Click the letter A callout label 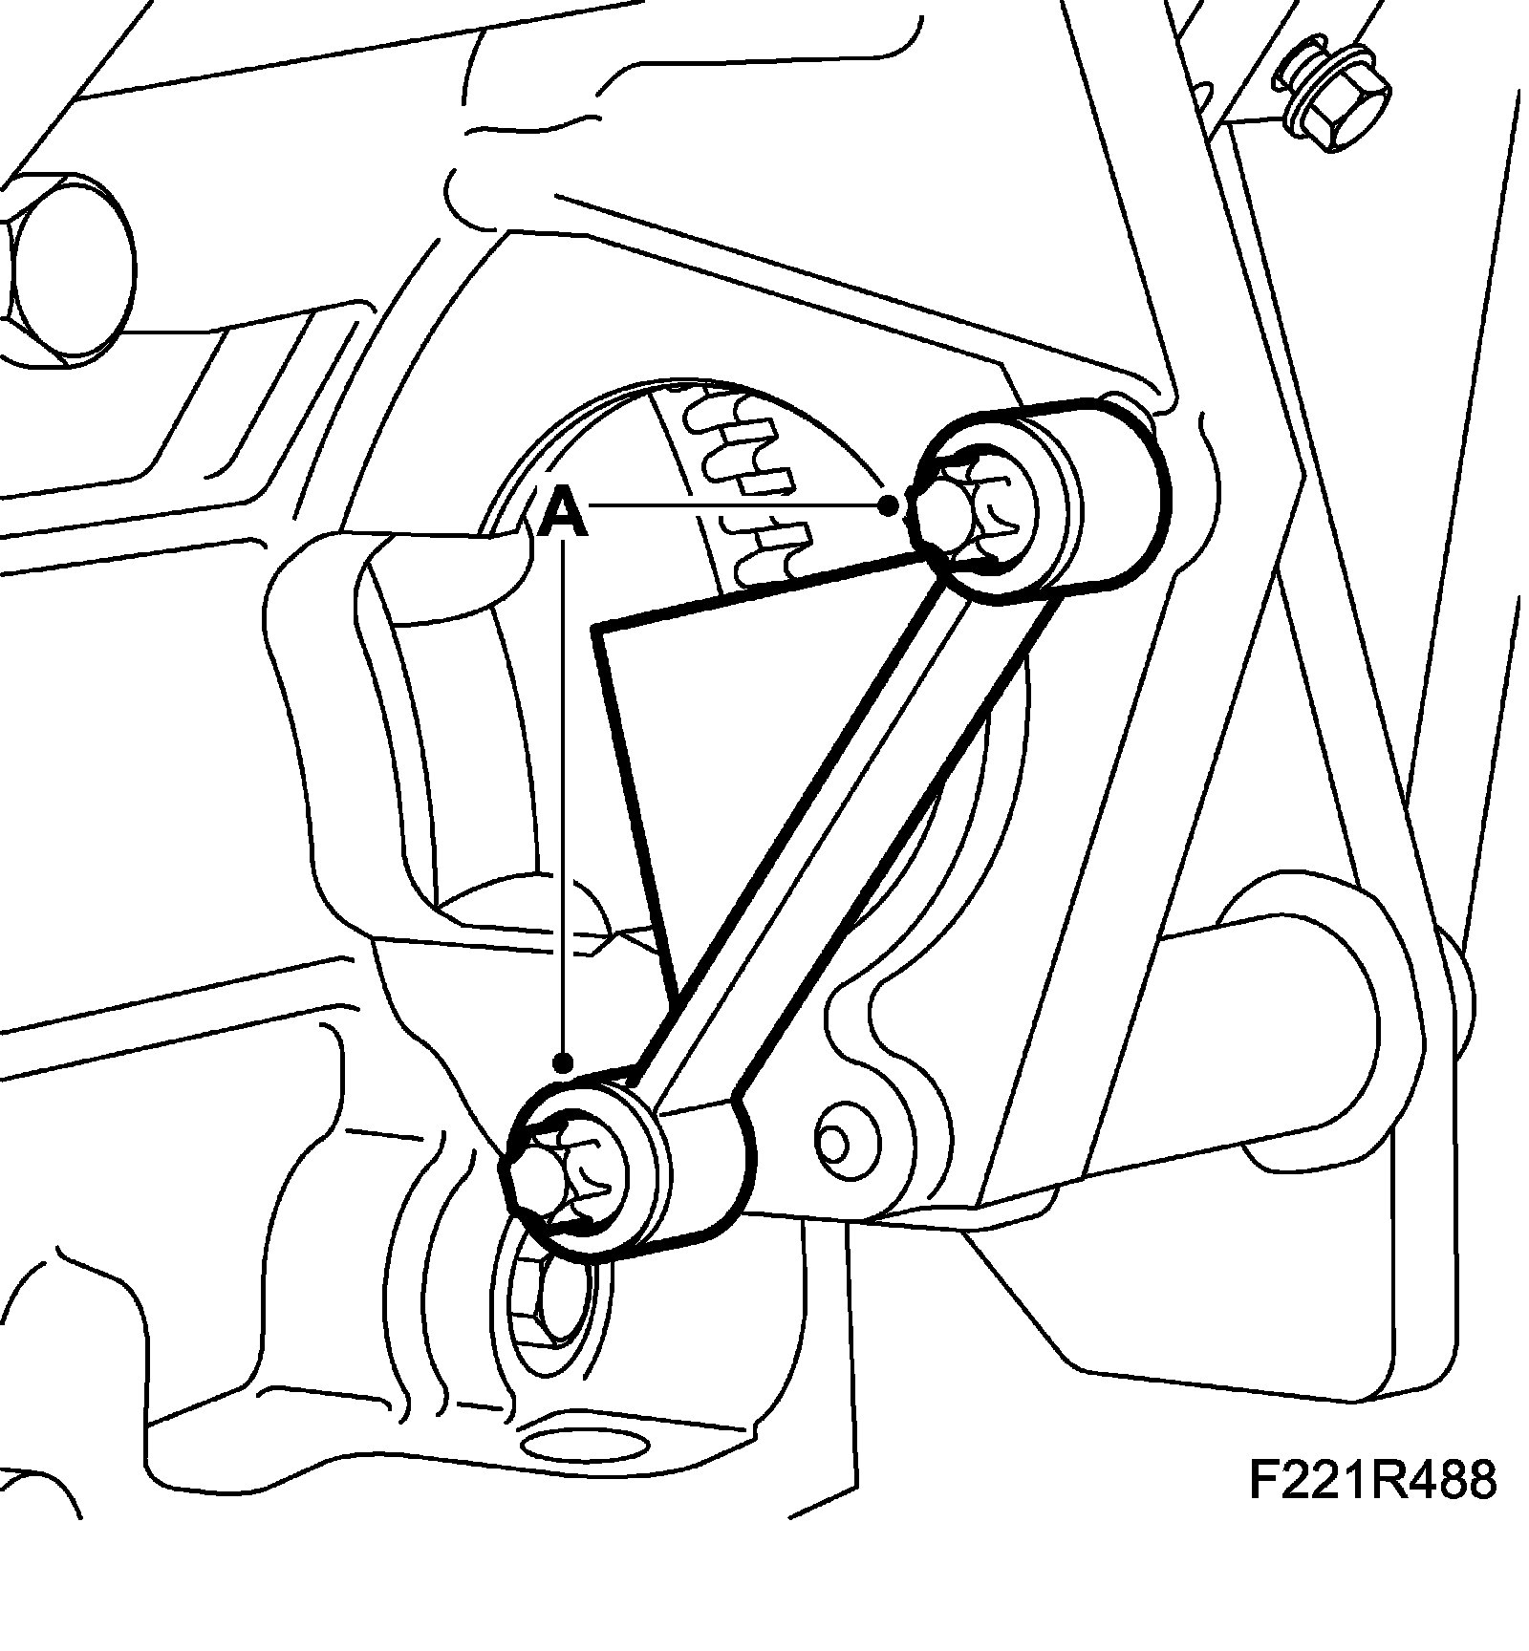click(563, 513)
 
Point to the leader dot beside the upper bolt click(891, 504)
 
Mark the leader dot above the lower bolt click(564, 1061)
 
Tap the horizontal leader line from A click(736, 504)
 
